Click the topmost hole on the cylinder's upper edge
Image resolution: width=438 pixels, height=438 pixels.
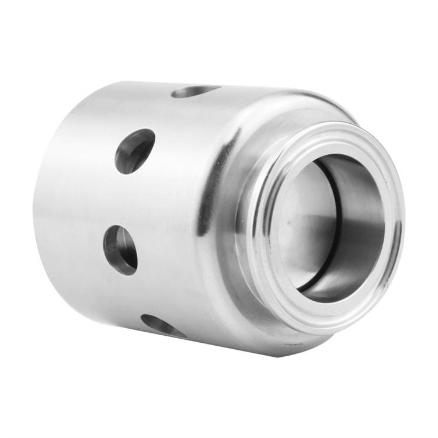[195, 91]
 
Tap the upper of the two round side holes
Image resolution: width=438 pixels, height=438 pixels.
[135, 151]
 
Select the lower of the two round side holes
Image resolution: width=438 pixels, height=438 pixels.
[121, 250]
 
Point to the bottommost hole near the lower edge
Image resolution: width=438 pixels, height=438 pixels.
[163, 326]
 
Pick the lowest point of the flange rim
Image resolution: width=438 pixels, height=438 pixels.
[327, 334]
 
